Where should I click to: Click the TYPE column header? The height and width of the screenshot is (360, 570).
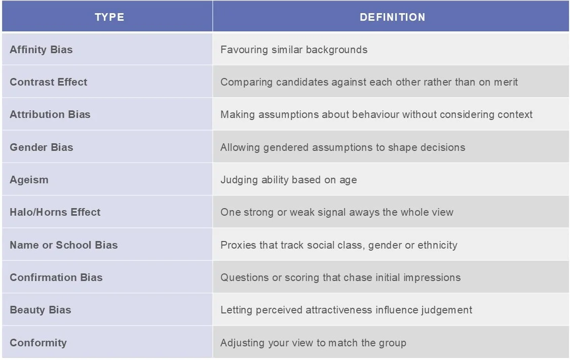[109, 17]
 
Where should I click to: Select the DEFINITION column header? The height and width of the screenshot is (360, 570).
[392, 17]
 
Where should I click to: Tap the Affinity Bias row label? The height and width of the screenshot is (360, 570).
[41, 50]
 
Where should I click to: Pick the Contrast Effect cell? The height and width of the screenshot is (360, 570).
[49, 82]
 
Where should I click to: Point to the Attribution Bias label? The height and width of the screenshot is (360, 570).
[50, 114]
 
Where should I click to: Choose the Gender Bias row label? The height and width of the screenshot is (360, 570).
[42, 147]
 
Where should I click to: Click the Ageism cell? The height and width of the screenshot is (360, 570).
[29, 180]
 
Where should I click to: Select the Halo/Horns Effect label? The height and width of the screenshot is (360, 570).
[55, 212]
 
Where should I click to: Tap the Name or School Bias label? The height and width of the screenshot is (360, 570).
[64, 245]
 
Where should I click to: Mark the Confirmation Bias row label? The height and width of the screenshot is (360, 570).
[56, 277]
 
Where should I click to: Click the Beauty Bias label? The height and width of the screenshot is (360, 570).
[41, 310]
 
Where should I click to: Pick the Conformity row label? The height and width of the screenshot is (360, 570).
[38, 343]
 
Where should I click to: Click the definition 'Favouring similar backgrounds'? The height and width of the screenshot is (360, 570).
[294, 50]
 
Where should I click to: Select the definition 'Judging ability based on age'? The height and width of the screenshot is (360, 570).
[289, 180]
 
